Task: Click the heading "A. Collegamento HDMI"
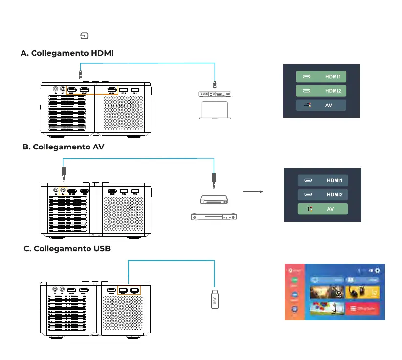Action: coord(67,53)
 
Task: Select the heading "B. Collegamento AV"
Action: coord(64,147)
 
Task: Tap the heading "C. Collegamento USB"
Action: coord(67,249)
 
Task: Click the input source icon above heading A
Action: coord(85,36)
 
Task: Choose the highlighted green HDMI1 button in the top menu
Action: coord(321,77)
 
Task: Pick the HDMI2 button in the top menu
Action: coord(321,91)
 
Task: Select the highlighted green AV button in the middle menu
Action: coord(322,209)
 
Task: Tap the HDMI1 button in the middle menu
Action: coord(322,181)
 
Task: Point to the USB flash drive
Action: coord(215,298)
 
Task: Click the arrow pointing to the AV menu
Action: coord(252,192)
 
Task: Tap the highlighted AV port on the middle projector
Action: coord(63,191)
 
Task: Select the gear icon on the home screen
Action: coord(377,270)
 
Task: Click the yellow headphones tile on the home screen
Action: coord(362,292)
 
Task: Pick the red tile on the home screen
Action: coord(362,309)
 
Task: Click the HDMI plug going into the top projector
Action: coord(80,74)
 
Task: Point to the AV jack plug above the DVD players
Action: coord(214,179)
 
